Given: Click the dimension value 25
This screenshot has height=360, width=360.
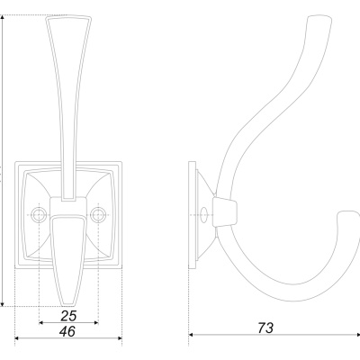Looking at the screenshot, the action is coord(68,316).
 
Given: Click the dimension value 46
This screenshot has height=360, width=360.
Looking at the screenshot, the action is coord(67,332).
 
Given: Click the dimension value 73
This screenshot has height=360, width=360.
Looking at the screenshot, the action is coord(265,328).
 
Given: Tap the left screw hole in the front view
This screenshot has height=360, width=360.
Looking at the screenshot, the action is coord(39,215).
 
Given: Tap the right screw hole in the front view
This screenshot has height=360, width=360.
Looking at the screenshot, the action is coord(98,215).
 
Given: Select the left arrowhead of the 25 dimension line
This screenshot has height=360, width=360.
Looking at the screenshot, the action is coord(41,323).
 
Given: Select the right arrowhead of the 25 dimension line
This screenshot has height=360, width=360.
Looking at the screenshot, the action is coord(96,323).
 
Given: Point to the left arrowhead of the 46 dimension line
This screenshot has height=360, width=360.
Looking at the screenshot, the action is coord(17,338).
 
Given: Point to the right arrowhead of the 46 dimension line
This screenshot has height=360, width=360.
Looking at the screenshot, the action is coord(120,338).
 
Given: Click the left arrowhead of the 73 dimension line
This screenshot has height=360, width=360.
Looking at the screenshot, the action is coord(191,335).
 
